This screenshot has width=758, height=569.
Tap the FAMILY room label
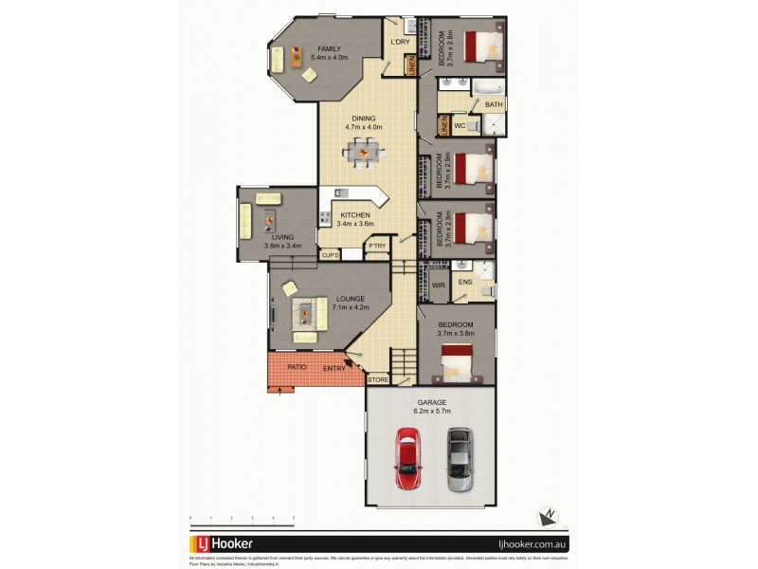pos(329,48)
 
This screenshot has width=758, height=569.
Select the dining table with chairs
pos(361,150)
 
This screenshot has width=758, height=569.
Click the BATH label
pos(494,104)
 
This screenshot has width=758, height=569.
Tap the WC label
pos(458,125)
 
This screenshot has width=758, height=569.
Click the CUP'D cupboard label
pos(331,255)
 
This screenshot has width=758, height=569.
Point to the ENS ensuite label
pos(464,282)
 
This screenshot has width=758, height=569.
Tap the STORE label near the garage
pos(378,379)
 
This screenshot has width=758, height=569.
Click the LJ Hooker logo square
pos(203,545)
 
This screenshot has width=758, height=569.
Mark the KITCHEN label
pos(356,215)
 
